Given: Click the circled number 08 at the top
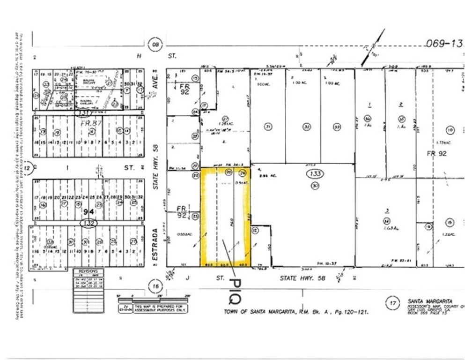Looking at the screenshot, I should [x=155, y=45].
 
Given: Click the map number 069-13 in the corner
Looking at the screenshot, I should [x=443, y=44].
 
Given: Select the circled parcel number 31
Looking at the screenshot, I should [x=268, y=126].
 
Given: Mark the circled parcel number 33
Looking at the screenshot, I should [x=337, y=126].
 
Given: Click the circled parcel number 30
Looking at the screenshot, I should [x=315, y=186].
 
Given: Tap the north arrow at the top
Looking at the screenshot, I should [x=372, y=47].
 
